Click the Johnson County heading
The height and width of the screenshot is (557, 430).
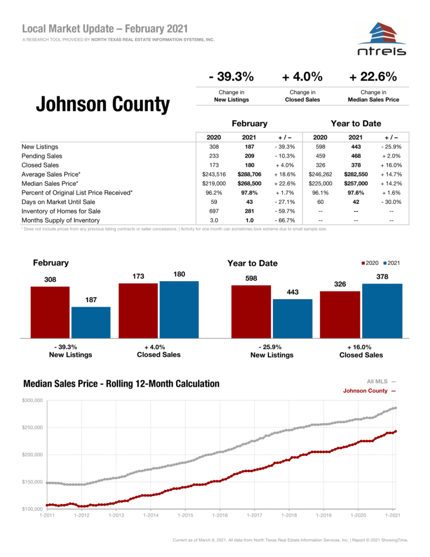coord(103,104)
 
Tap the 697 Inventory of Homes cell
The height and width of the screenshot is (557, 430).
coord(214,211)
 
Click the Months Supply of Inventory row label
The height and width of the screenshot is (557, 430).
coord(60,220)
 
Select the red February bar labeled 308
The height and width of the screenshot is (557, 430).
coord(50,312)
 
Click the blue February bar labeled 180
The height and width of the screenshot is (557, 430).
coord(179,309)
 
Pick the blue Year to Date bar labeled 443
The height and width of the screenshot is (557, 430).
coord(292,318)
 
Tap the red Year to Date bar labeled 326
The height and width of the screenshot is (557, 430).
coord(340,314)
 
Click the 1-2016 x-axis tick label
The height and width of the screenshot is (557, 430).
coord(220,515)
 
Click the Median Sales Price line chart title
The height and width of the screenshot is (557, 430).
coord(121,384)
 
